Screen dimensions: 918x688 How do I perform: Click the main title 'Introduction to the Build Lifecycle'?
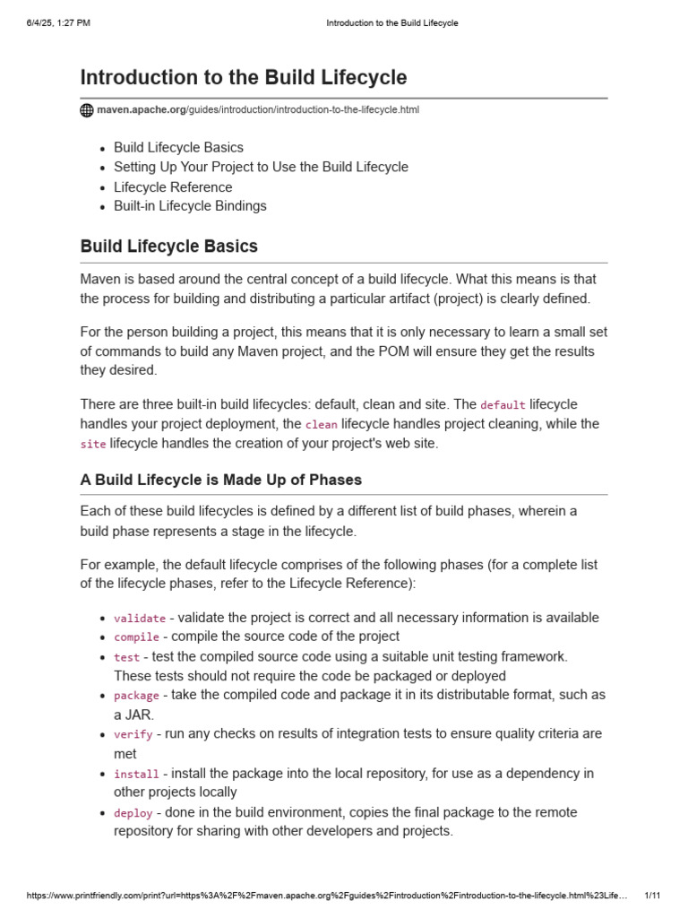click(243, 77)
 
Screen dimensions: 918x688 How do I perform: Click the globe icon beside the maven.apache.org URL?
click(87, 110)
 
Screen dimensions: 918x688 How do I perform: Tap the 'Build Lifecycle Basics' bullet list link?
click(178, 147)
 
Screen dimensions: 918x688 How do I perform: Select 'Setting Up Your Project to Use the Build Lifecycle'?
click(261, 167)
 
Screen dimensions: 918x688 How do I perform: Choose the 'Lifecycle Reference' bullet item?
click(173, 186)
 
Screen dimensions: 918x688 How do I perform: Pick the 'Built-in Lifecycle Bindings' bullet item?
click(190, 206)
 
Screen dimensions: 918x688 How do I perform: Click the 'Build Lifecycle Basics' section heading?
click(168, 246)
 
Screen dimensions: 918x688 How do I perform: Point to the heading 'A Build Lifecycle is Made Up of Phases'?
click(220, 480)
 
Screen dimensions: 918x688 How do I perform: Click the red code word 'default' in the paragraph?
click(503, 405)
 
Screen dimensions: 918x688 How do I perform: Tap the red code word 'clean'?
click(321, 425)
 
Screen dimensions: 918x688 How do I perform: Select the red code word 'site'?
click(93, 445)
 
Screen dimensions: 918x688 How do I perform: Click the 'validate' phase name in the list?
click(139, 618)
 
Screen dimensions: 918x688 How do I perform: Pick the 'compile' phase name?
click(136, 637)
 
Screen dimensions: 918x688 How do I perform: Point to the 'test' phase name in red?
click(126, 657)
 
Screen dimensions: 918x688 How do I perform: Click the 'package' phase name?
click(136, 696)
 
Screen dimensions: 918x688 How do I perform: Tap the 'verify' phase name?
click(133, 734)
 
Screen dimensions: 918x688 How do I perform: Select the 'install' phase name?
click(136, 774)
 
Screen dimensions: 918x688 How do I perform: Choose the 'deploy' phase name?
click(133, 813)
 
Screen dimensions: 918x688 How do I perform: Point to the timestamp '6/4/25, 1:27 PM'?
click(58, 22)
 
